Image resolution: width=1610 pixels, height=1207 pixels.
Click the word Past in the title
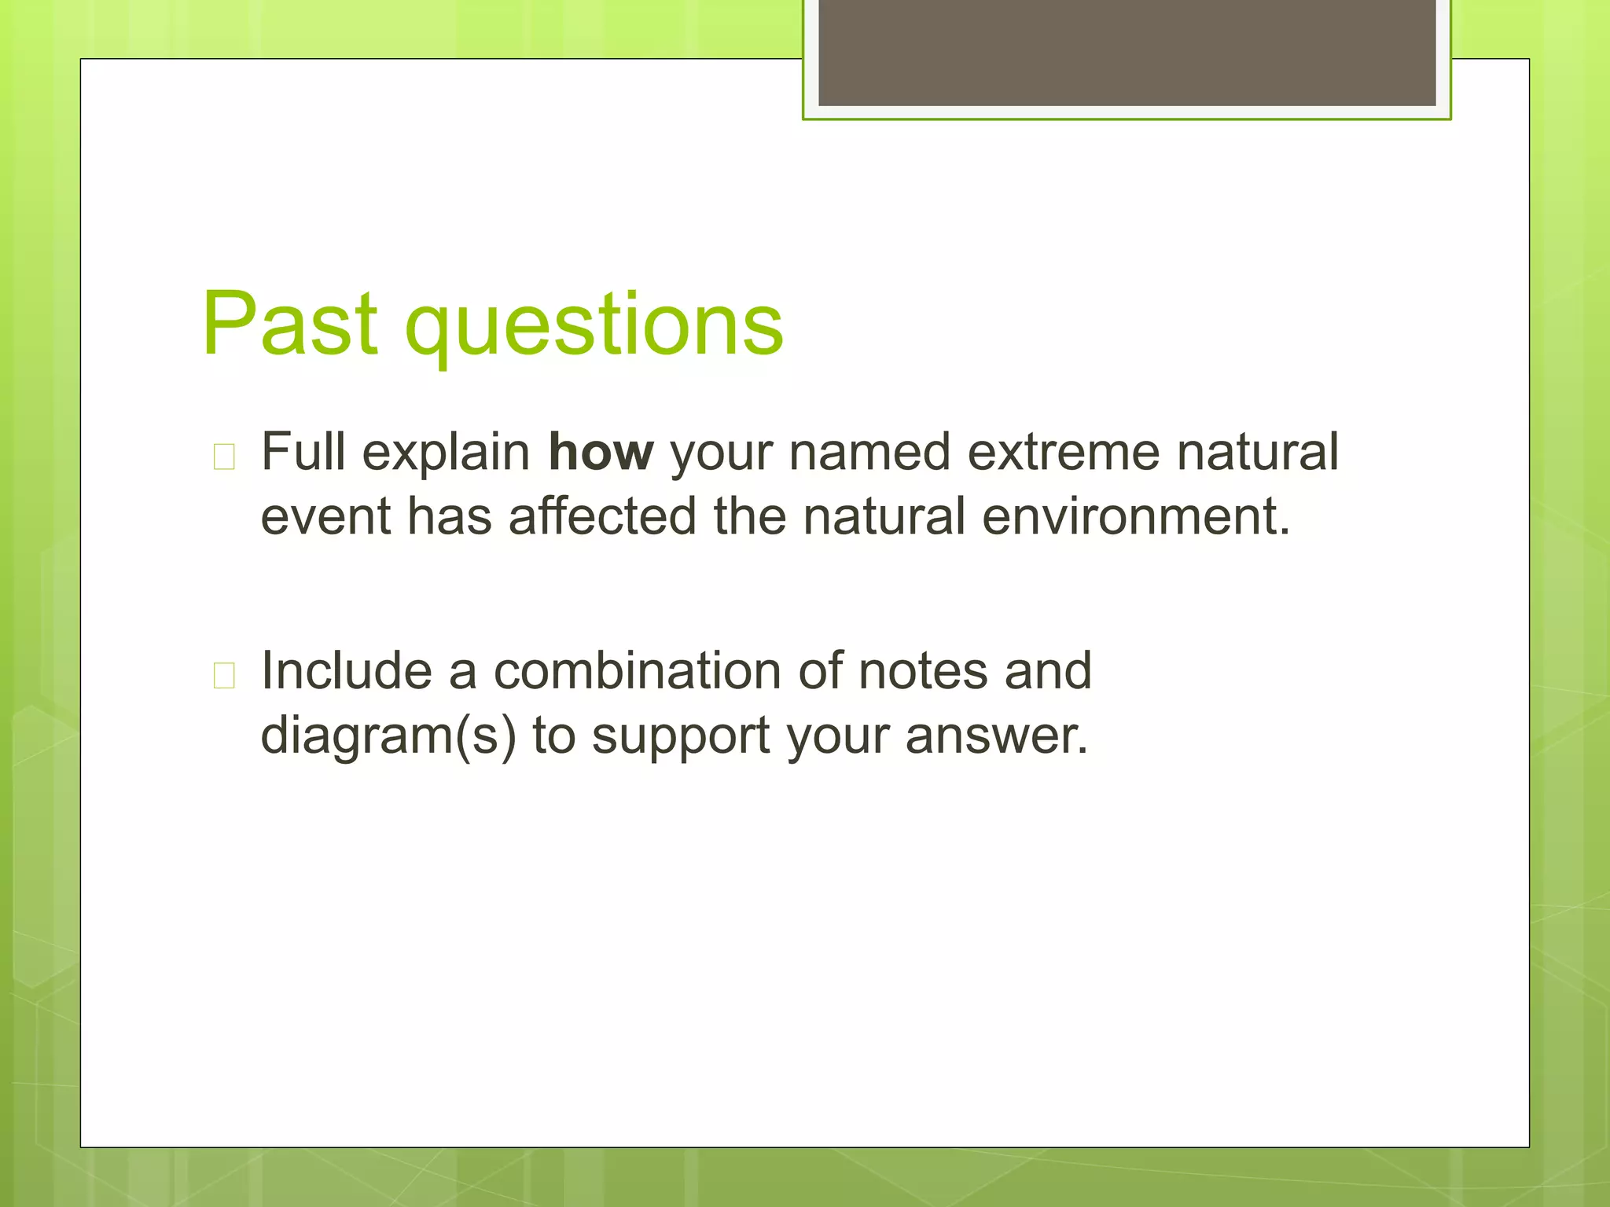coord(289,324)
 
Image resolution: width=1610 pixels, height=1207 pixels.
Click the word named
coord(869,453)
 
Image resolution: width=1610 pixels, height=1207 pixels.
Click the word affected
coord(602,517)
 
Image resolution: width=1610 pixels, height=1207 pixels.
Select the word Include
coord(346,671)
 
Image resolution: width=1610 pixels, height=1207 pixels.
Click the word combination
coord(637,671)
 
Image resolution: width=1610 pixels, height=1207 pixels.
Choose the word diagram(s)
coord(388,736)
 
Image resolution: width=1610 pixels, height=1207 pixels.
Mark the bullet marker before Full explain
coord(224,457)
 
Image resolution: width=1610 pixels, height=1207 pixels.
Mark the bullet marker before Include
coord(224,675)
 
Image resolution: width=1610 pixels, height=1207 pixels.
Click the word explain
coord(446,453)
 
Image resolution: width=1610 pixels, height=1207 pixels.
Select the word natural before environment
coord(884,517)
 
